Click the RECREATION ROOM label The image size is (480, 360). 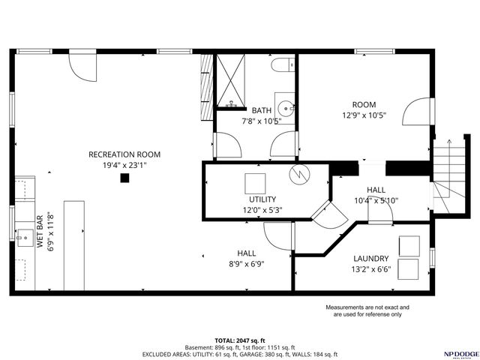click(x=124, y=154)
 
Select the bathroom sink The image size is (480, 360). click(x=285, y=105)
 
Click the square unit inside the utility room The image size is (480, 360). click(x=255, y=183)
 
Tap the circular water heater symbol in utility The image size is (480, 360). click(x=299, y=174)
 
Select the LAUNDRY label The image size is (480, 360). click(x=370, y=259)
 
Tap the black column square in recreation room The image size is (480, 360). click(x=124, y=178)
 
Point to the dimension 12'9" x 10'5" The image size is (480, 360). click(x=364, y=115)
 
